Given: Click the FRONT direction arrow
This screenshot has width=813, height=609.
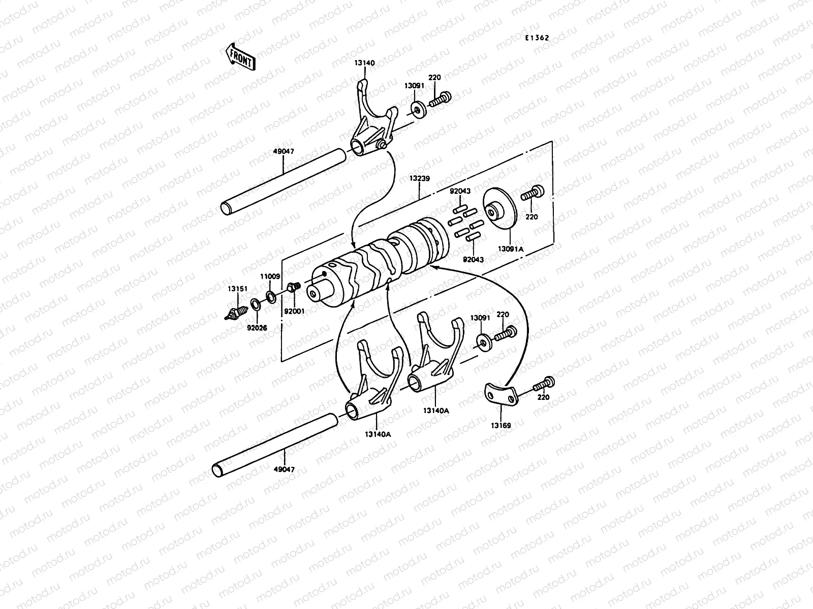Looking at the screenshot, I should click(240, 56).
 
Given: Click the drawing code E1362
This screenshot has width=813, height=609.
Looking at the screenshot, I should click(538, 37).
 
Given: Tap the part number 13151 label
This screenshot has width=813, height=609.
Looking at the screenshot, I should click(238, 289).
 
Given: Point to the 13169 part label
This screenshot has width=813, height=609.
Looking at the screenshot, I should click(502, 425).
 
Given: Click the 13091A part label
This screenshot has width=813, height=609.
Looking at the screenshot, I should click(510, 249).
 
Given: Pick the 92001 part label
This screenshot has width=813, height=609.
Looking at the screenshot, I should click(294, 311).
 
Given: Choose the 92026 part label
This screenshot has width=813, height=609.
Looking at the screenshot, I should click(258, 328).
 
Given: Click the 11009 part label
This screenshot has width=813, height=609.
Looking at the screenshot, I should click(270, 277).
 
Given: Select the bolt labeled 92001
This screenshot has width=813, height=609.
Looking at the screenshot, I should click(293, 288).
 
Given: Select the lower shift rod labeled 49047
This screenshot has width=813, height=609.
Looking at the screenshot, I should click(274, 447).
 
